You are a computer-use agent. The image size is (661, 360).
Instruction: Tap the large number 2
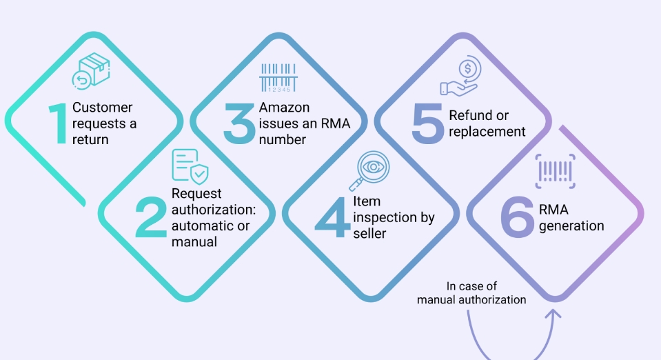click(150, 217)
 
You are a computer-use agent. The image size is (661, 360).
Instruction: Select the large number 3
click(239, 123)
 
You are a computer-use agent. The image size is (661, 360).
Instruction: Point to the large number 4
click(333, 217)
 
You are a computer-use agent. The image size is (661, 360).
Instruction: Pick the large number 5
click(427, 123)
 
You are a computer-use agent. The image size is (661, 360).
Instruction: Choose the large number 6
click(518, 217)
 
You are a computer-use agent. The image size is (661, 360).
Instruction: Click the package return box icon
click(91, 71)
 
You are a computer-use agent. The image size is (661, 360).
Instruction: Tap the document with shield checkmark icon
click(190, 167)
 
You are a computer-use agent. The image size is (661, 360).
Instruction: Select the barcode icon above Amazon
click(278, 78)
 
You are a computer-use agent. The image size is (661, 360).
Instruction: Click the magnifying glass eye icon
click(369, 171)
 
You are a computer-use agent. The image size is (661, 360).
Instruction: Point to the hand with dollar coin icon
click(460, 76)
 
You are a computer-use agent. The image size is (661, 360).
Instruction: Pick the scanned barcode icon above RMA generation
click(555, 171)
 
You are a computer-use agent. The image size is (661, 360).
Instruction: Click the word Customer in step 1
click(103, 107)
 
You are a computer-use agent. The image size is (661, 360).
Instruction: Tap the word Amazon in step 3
click(284, 107)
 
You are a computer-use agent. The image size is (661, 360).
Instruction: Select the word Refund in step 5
click(468, 115)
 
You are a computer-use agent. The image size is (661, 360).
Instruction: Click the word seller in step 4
click(369, 233)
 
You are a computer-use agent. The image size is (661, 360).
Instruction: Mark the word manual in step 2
click(194, 242)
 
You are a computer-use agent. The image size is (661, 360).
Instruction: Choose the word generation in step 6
click(571, 226)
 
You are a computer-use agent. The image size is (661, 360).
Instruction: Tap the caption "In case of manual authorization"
click(471, 293)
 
